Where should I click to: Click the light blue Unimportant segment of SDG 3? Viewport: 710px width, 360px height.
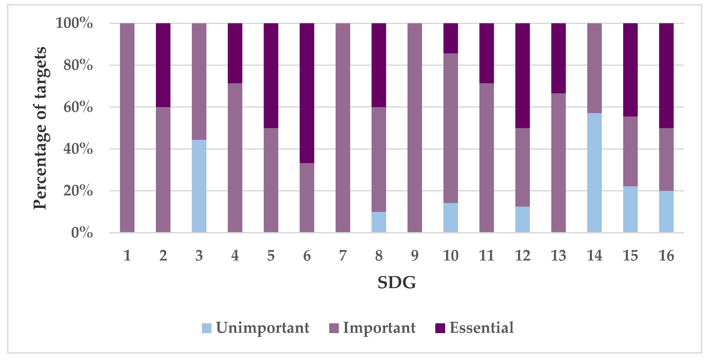coord(199,186)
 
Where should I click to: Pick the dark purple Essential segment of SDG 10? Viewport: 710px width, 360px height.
coord(450,38)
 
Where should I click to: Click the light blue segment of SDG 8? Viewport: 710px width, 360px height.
coord(379,222)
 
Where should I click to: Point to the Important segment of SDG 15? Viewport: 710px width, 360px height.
coord(630,151)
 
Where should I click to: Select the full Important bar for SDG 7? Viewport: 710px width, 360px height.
coord(343,128)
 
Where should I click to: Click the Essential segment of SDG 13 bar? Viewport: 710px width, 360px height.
coord(558,58)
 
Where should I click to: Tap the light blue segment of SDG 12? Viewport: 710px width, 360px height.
coord(522,219)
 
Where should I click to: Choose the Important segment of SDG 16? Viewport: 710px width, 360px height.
coord(666,159)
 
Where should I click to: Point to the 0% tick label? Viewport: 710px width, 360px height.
coord(82,233)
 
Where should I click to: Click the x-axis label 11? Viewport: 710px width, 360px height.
coord(486,256)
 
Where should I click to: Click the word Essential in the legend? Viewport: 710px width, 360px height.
coord(481,328)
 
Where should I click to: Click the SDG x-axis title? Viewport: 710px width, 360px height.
coord(397,283)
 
